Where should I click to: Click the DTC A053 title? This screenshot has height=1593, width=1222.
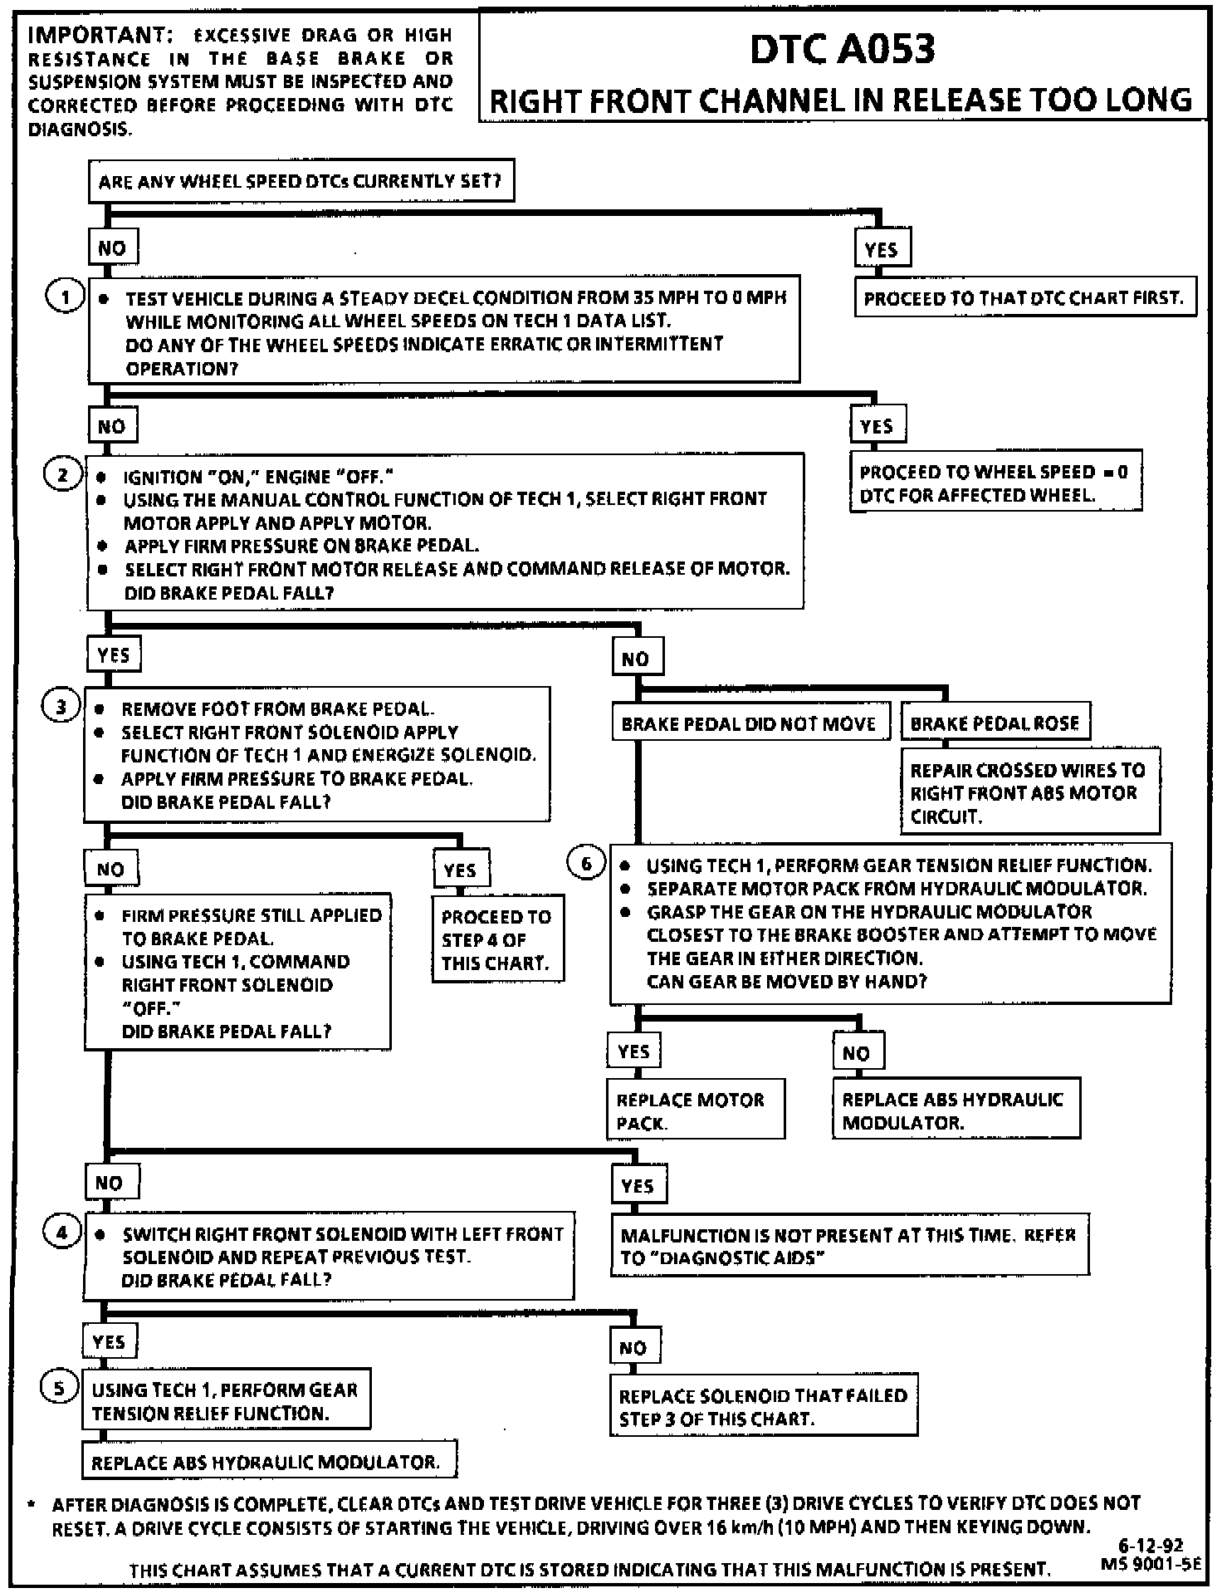pos(842,50)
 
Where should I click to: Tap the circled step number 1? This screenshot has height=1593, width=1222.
pos(65,297)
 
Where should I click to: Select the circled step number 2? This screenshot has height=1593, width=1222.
pos(63,475)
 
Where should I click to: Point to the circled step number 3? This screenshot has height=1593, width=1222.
pos(60,708)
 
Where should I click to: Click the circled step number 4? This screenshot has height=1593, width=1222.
pos(61,1233)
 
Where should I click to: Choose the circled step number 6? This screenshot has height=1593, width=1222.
pos(586,864)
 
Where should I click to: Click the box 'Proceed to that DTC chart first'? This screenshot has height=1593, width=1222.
pos(1024,298)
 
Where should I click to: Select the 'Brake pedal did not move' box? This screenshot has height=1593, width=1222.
pos(749,723)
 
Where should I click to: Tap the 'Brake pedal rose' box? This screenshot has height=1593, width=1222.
pos(995,723)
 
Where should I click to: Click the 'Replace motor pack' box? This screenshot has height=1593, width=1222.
pos(695,1110)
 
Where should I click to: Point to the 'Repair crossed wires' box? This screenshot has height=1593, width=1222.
pos(1029,792)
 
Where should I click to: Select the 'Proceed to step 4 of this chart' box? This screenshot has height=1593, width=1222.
pos(497,939)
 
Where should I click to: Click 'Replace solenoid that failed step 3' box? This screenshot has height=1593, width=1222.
pos(764,1407)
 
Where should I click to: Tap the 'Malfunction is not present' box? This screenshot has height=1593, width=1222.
pos(848,1246)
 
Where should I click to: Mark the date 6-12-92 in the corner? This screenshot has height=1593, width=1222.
pos(1150,1546)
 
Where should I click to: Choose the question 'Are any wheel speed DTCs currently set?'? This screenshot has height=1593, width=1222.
pos(301,181)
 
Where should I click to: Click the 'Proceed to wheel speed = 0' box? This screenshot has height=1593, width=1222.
pos(995,483)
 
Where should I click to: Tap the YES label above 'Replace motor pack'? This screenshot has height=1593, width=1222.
pos(633,1051)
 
